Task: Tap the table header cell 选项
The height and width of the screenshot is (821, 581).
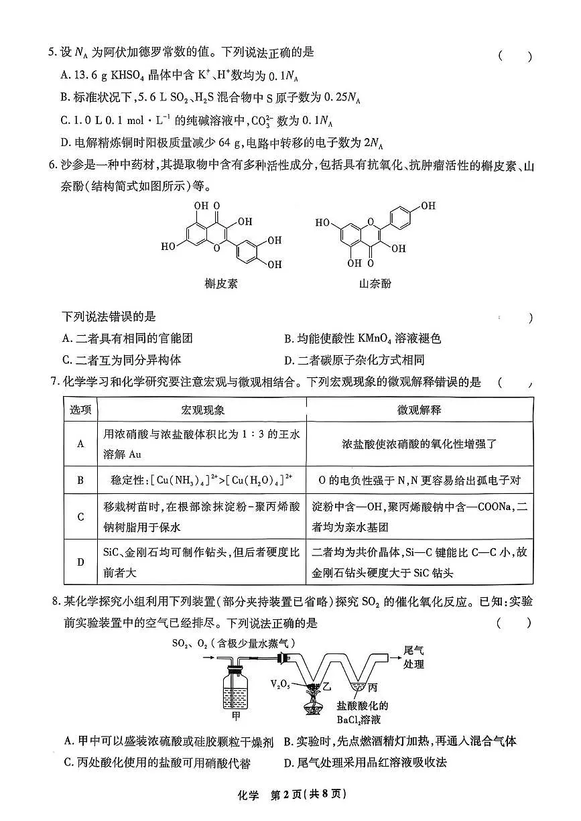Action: pyautogui.click(x=80, y=409)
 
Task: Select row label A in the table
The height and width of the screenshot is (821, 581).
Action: pyautogui.click(x=80, y=444)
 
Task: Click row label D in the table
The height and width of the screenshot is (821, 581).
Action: pyautogui.click(x=80, y=562)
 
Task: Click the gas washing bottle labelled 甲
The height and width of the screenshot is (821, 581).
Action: pyautogui.click(x=235, y=687)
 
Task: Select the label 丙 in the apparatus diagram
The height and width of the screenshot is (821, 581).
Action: pyautogui.click(x=372, y=687)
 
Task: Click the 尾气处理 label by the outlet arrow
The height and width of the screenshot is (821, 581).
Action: pyautogui.click(x=413, y=657)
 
